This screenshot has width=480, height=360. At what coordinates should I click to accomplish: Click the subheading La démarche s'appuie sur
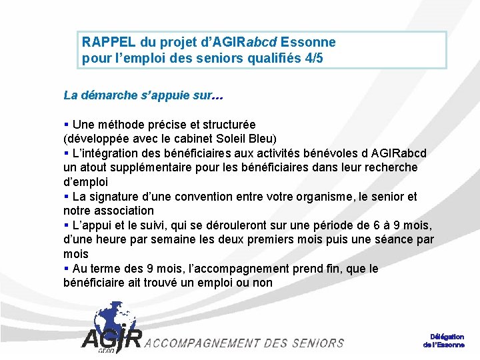coord(143,95)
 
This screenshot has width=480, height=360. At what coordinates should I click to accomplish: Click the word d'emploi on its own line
coord(85,182)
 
